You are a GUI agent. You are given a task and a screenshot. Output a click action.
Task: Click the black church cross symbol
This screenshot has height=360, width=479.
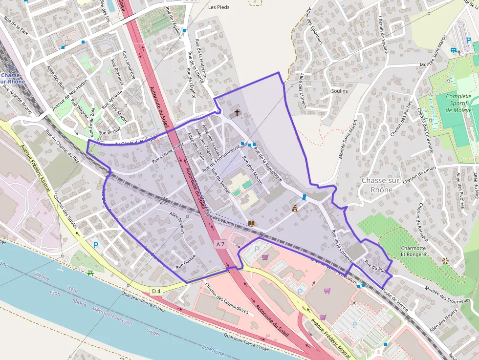(x=237, y=113)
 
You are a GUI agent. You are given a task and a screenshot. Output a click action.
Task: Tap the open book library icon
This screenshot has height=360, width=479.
(x=251, y=223)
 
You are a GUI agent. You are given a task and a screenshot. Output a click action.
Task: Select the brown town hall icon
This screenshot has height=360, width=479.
(x=295, y=209)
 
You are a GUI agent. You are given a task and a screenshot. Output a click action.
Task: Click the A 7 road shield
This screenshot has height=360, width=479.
(x=220, y=243)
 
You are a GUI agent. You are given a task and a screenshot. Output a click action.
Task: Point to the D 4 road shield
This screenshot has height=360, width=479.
(x=156, y=292)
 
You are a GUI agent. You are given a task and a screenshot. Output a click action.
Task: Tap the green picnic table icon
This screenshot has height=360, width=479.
(x=90, y=272)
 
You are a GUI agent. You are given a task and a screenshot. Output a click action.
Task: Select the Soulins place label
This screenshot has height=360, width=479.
(x=339, y=91)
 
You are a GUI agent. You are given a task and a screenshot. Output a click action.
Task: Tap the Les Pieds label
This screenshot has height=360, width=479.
(x=218, y=7)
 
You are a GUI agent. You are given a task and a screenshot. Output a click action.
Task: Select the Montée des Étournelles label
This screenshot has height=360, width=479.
(x=447, y=294)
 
